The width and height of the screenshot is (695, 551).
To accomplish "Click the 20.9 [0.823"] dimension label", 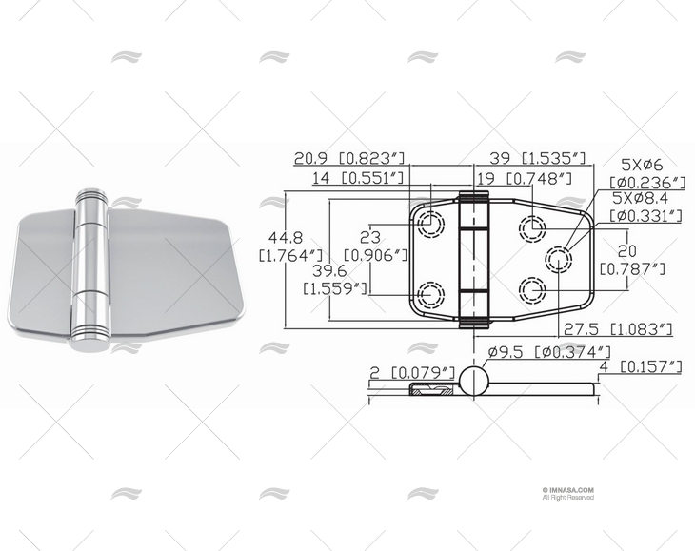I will tap(349, 158).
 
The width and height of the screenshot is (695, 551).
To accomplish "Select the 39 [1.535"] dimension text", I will tap(537, 158).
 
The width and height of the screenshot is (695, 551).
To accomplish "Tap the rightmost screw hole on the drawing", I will tap(558, 257).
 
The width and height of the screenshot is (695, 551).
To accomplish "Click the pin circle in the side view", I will tap(474, 384).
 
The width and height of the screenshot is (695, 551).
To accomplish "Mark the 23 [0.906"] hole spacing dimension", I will tap(374, 245).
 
